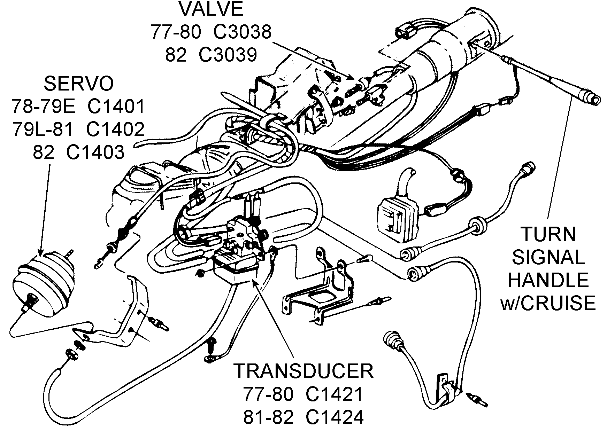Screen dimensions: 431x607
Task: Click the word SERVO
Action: click(79, 84)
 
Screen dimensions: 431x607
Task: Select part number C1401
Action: click(116, 107)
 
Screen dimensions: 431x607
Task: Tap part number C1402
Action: click(115, 130)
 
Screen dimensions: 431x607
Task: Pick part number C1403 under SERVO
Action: click(95, 152)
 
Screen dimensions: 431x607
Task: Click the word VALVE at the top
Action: click(211, 9)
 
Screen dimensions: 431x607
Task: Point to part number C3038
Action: click(242, 32)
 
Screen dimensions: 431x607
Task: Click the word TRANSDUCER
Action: click(303, 371)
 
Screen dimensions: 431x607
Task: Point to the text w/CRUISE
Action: click(548, 303)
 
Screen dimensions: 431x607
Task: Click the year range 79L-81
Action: click(43, 130)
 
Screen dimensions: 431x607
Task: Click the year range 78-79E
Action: click(43, 107)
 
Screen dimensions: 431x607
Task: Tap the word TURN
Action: click(548, 235)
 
